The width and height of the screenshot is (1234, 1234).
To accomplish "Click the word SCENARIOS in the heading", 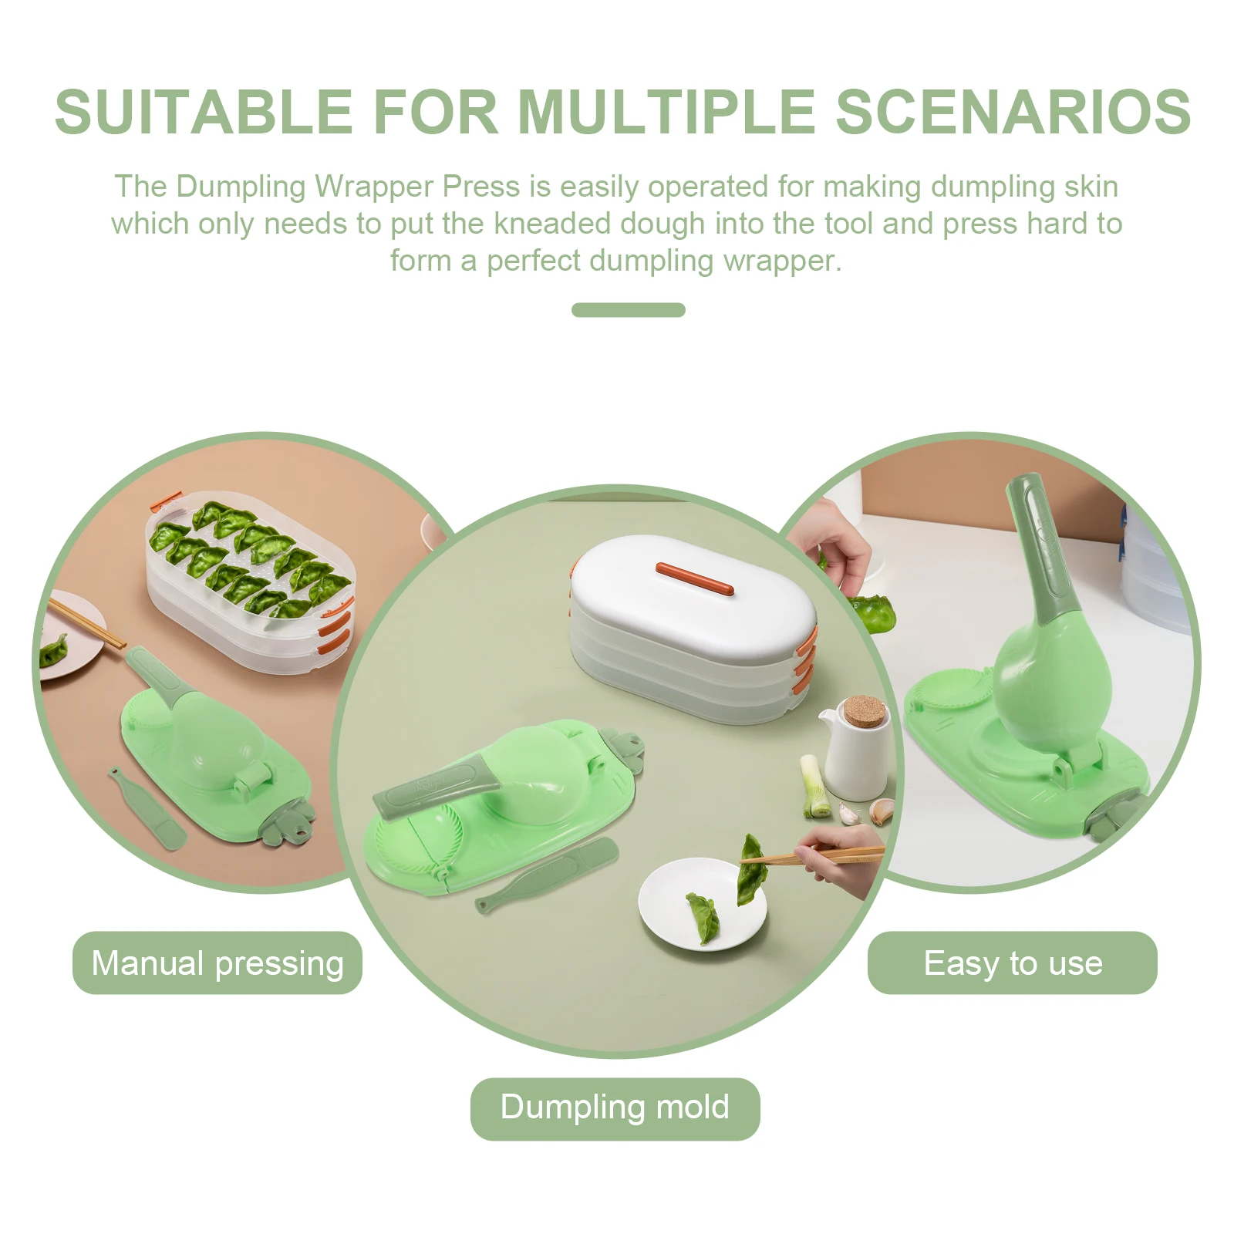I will [1013, 113].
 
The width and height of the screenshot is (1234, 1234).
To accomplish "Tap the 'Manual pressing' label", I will [217, 963].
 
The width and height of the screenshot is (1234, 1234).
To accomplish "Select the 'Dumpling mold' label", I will [615, 1107].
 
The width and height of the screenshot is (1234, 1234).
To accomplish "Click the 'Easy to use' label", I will [1012, 963].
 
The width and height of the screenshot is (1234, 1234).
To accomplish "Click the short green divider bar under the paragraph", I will [628, 310].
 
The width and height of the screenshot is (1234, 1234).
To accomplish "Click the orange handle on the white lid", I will [694, 578].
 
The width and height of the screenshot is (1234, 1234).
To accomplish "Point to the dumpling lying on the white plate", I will [703, 916].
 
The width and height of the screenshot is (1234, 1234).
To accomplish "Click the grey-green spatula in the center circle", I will [551, 875].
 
